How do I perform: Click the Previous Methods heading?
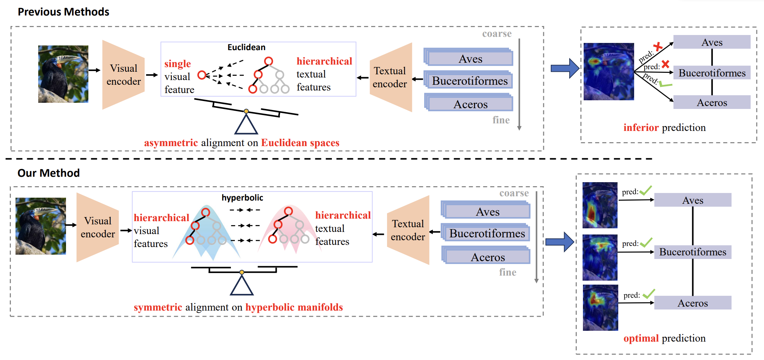coord(63,12)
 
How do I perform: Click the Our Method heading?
coord(49,173)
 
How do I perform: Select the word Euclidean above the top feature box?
coord(246,47)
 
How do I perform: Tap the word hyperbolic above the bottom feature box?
coord(242,198)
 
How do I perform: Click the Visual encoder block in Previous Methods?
coord(123,75)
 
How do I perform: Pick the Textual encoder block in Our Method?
coord(408,230)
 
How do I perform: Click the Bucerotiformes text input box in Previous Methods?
coord(470,81)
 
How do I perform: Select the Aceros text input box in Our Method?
coord(488,257)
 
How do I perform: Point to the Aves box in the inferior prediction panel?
coord(712,42)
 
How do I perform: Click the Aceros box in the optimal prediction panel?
coord(693,303)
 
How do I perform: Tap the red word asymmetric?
coord(171,143)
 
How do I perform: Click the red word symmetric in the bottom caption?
coord(158,307)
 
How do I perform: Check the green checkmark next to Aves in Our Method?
coord(646,190)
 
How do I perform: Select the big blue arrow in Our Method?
coord(559,242)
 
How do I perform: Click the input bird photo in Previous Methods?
coord(63,74)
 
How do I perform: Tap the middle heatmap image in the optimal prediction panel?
coord(600,257)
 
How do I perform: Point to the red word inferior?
coord(641,128)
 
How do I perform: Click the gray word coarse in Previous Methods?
coord(497,34)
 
